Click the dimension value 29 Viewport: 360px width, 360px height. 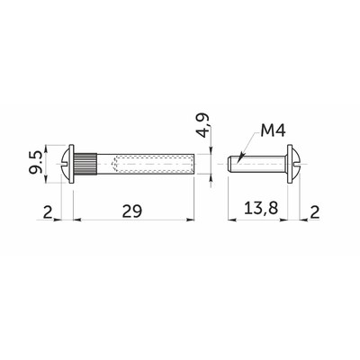132,211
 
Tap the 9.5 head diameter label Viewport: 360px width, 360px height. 36,163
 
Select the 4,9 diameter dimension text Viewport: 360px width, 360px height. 205,125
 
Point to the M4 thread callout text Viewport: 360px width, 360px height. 273,131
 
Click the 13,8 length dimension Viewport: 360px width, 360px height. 261,208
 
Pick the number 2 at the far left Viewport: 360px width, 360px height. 48,212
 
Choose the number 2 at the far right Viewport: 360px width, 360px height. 315,212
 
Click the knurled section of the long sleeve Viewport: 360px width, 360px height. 85,164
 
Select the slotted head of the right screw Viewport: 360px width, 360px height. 294,164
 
